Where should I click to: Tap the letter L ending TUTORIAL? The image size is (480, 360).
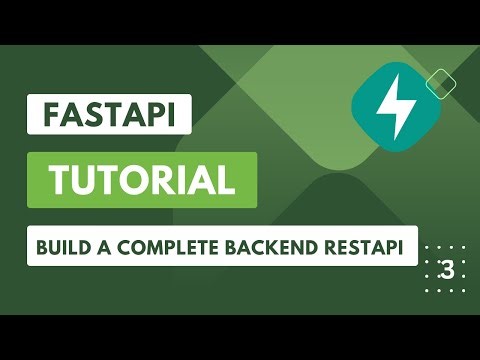click(x=227, y=181)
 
